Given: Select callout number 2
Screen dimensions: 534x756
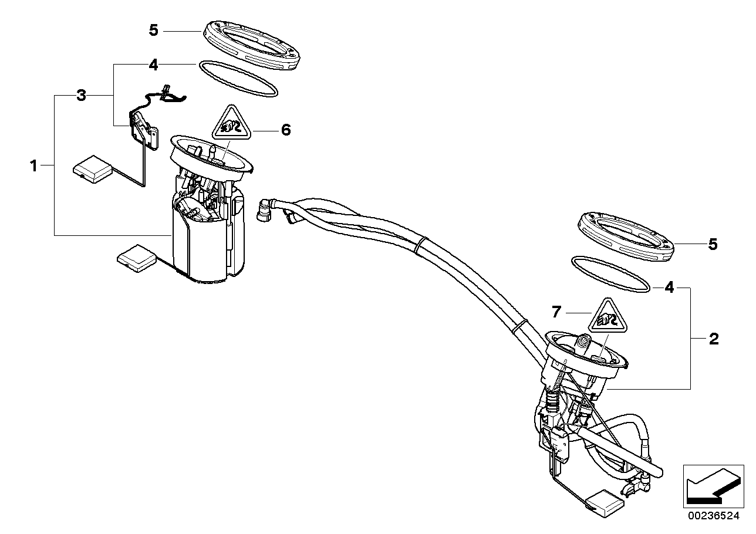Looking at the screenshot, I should [714, 339].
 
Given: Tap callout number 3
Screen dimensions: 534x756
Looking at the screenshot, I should [81, 96].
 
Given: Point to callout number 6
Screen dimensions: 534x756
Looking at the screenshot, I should [285, 130].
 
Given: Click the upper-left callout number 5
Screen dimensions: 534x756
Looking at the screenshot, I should [153, 30].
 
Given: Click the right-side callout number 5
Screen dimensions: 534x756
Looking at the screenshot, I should [713, 244].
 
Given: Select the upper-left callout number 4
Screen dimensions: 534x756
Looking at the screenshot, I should [153, 65].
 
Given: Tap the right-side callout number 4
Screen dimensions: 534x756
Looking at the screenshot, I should [669, 288].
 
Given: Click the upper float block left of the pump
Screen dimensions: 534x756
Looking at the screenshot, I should [92, 168].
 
